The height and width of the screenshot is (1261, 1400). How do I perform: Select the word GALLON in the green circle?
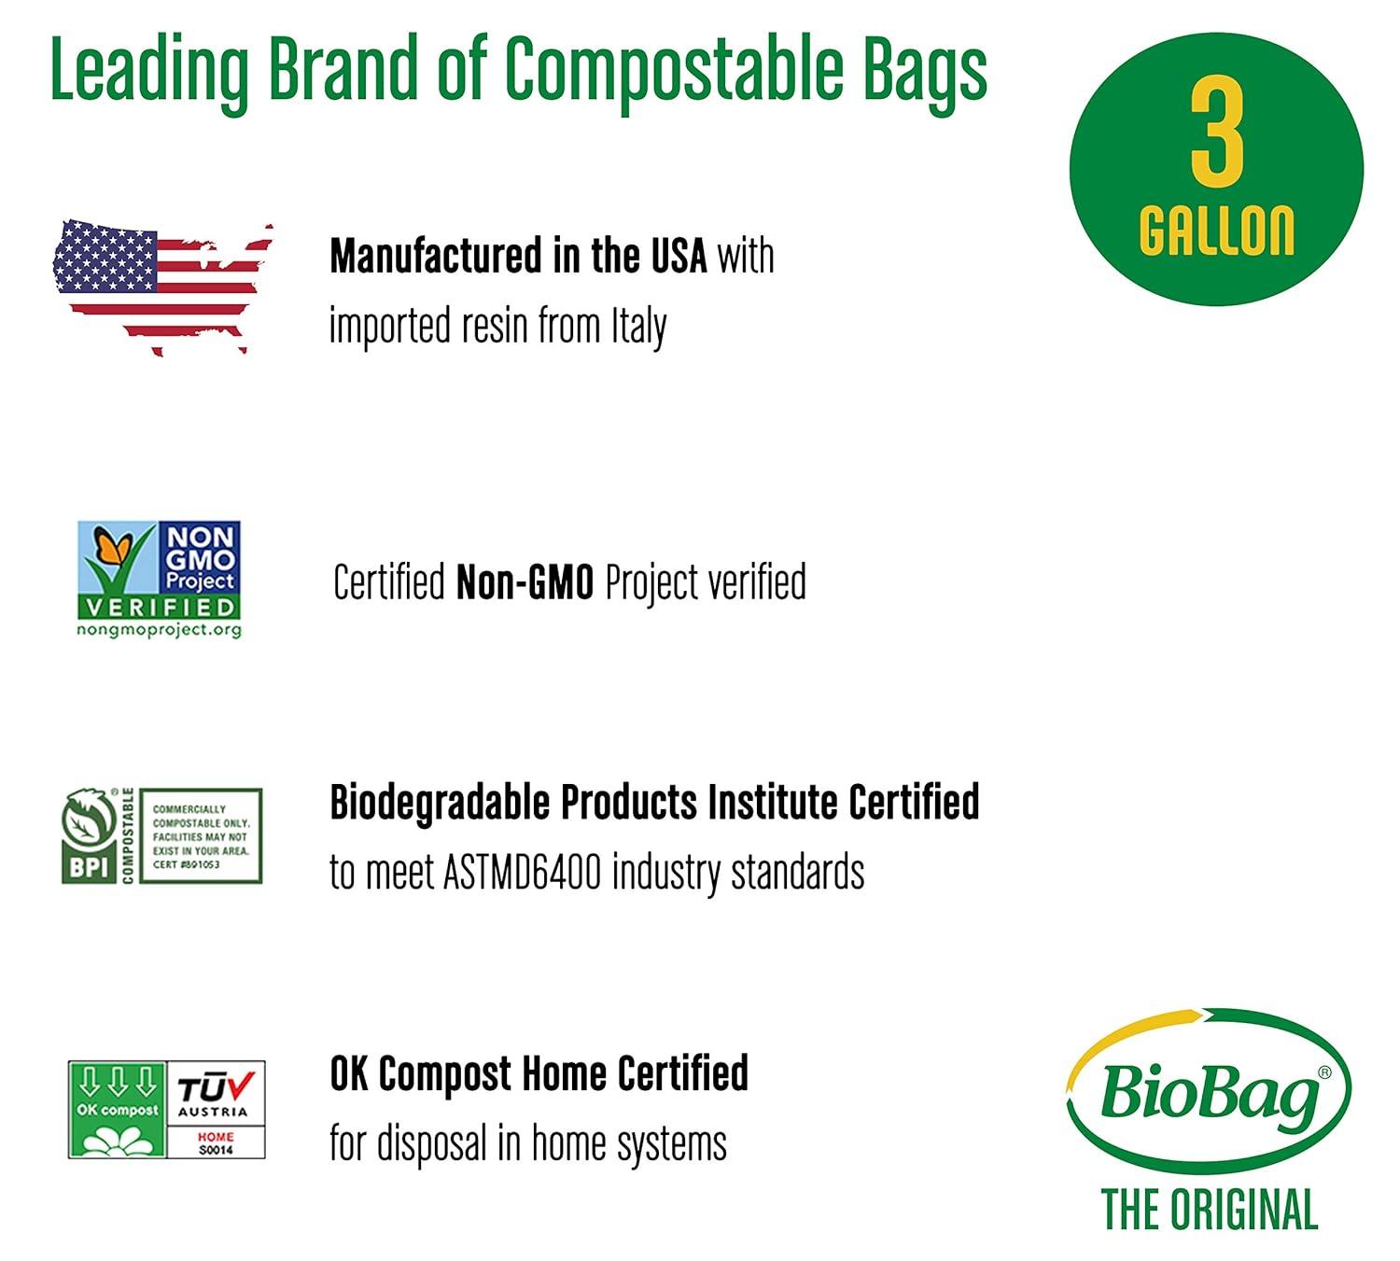[x=1216, y=231]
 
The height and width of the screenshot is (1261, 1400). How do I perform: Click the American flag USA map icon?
[x=161, y=285]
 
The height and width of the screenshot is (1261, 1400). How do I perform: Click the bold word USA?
[x=679, y=257]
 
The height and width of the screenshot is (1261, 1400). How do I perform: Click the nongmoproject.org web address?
[x=159, y=630]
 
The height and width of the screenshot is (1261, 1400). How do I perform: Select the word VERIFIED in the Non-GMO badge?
[x=159, y=607]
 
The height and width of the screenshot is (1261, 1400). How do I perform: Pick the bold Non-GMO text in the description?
[x=525, y=583]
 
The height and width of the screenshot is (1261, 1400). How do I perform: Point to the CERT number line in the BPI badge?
[x=187, y=864]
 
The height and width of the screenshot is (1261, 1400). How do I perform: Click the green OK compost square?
[x=117, y=1110]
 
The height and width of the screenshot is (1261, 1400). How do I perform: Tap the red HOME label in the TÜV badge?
[x=216, y=1137]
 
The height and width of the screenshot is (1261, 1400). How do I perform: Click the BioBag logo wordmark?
[x=1210, y=1091]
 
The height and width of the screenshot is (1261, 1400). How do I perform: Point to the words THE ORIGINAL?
[x=1210, y=1211]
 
